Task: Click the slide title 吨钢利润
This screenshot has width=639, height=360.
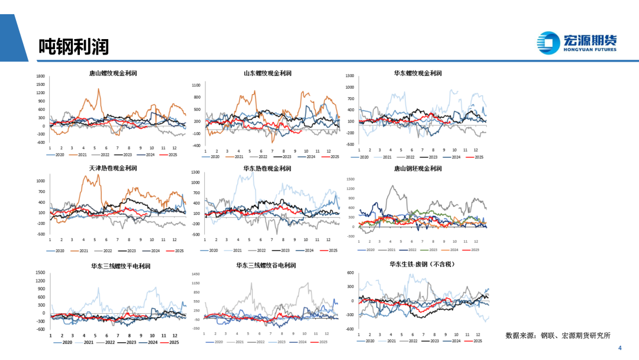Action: (74, 46)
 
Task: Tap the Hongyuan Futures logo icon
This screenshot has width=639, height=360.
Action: (548, 43)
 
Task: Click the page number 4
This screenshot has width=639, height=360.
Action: (619, 348)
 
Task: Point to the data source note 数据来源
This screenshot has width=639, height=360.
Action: (557, 335)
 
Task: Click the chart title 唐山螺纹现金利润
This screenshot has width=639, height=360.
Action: (113, 73)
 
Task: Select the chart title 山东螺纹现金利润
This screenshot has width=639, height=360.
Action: (267, 73)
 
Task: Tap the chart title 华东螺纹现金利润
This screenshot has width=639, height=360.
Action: (418, 73)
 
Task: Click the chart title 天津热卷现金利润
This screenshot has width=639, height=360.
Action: (113, 168)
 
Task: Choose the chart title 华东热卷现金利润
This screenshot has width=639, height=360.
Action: (267, 168)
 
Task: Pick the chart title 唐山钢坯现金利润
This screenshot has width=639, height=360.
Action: (418, 168)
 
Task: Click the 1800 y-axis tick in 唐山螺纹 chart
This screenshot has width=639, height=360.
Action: (40, 76)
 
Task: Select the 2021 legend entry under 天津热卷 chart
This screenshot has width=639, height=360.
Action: (79, 251)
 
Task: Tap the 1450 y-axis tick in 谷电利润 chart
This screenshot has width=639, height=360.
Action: (196, 275)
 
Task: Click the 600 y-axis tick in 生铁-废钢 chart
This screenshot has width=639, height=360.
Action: (350, 273)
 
